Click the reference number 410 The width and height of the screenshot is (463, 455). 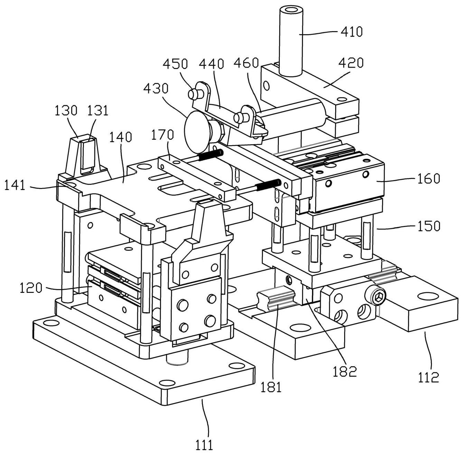tap(352, 32)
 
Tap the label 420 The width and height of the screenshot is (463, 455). tap(351, 63)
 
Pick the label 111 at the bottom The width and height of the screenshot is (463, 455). tap(204, 445)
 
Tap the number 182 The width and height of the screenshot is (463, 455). tap(344, 371)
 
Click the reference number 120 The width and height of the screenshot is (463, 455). tap(30, 287)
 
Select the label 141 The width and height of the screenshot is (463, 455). tap(15, 186)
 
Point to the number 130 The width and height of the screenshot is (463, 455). tap(66, 110)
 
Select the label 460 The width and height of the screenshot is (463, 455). tap(246, 63)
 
